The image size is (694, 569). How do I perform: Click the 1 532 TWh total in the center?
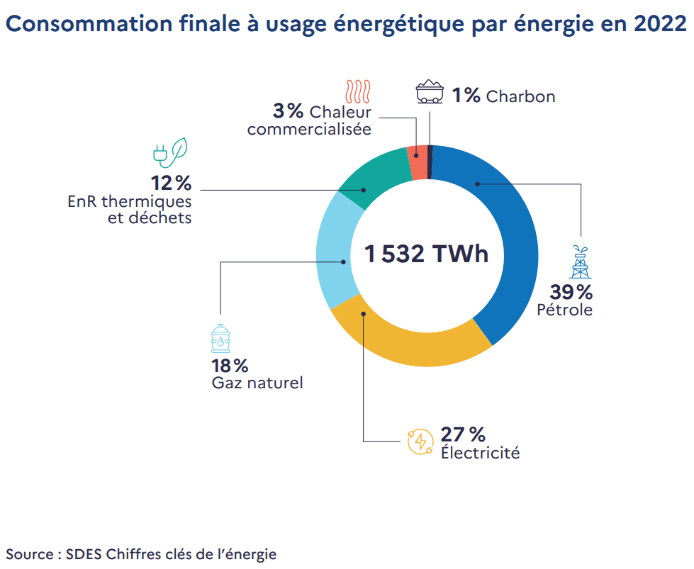[426, 253]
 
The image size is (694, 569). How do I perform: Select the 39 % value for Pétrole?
[571, 291]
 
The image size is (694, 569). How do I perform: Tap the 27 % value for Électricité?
[463, 434]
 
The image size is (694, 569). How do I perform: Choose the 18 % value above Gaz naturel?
[230, 366]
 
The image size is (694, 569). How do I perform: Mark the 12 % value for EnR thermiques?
[171, 184]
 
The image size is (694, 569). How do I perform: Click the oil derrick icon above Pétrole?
[581, 261]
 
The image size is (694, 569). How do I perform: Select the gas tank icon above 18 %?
[221, 338]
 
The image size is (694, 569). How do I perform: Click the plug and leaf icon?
[171, 151]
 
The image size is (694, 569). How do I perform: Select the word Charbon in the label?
[520, 96]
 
